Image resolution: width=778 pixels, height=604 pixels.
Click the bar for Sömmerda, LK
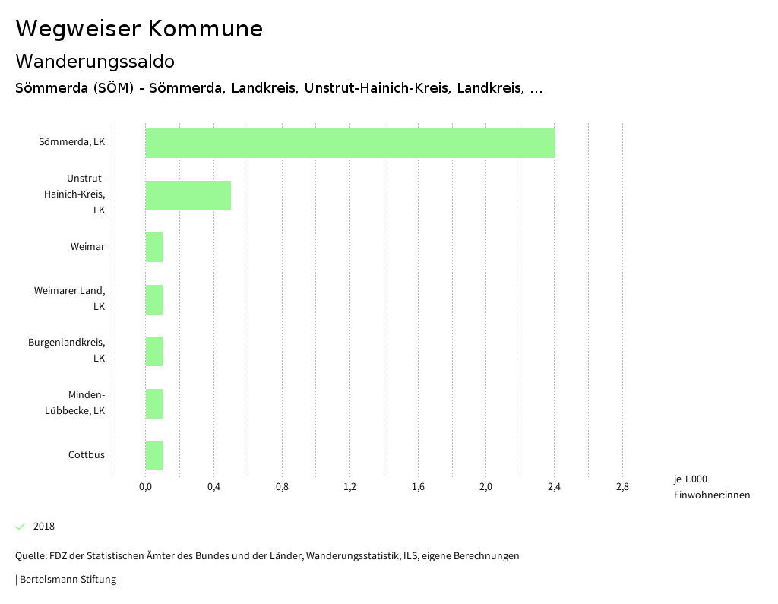[349, 143]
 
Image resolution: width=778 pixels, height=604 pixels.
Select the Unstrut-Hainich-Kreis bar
[188, 195]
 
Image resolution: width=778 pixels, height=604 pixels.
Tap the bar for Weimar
[154, 247]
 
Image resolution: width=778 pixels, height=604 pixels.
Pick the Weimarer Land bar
[154, 299]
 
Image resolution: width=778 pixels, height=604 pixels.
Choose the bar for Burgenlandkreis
[154, 351]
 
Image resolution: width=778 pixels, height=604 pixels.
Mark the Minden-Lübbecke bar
[154, 403]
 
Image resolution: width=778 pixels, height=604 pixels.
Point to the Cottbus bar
[154, 455]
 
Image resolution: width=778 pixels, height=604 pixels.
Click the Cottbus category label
[87, 455]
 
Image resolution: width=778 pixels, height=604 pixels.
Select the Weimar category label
[87, 247]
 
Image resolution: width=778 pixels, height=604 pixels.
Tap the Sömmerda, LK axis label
[72, 142]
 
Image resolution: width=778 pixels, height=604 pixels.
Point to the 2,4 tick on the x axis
[554, 487]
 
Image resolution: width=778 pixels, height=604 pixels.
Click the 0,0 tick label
[145, 487]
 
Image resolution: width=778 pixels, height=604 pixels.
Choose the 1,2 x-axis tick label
[349, 487]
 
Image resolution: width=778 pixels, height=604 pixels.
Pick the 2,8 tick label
[622, 487]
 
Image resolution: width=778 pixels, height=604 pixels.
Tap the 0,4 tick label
[213, 487]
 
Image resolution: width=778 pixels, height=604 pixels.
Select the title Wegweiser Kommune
[139, 29]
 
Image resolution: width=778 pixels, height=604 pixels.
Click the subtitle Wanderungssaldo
[95, 61]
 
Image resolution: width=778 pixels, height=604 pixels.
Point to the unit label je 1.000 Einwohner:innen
[711, 487]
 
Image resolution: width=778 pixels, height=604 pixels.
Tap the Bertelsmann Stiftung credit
[67, 580]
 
